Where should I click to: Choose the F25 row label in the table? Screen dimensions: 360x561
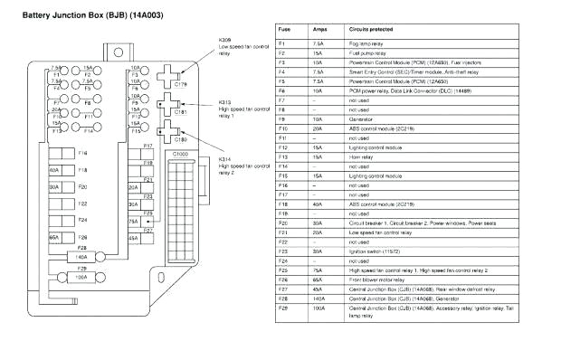click(x=282, y=270)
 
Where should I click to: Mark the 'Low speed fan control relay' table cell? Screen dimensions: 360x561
click(x=381, y=231)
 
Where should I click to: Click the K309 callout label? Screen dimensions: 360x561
click(x=225, y=41)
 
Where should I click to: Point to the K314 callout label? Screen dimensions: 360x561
click(x=225, y=159)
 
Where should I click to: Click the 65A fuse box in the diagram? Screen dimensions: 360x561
click(x=54, y=237)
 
